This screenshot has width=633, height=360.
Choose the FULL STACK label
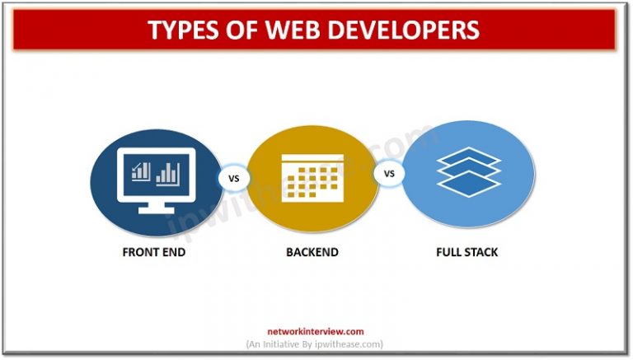[x=467, y=252]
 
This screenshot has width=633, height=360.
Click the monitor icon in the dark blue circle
[x=154, y=177]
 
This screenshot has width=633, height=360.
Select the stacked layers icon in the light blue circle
[x=468, y=171]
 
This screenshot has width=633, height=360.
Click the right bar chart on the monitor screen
[x=168, y=172]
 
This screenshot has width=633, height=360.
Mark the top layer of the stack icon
[x=468, y=155]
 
